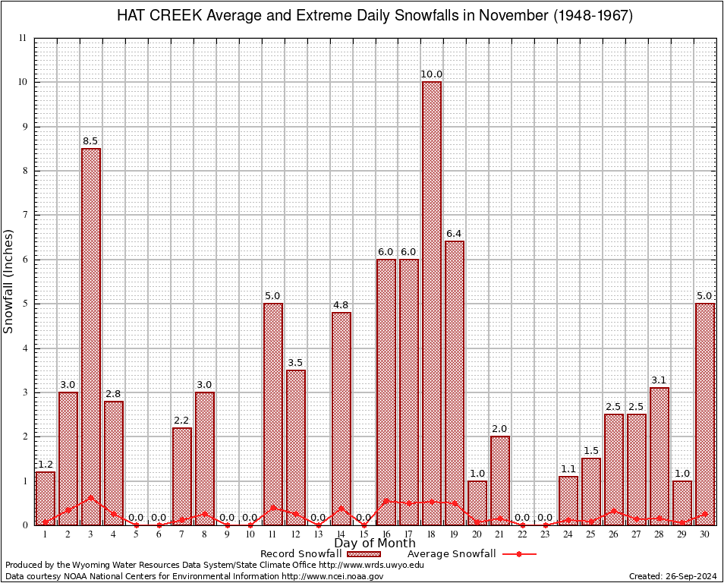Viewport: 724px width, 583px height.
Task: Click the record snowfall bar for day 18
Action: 432,304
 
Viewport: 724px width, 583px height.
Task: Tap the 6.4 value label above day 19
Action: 455,233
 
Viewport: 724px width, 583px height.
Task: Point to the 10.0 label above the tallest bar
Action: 432,74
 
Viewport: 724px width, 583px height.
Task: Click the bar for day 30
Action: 705,414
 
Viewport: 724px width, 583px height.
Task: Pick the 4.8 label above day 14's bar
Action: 341,304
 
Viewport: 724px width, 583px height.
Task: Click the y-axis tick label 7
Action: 24,215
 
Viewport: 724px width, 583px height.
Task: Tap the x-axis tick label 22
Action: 523,534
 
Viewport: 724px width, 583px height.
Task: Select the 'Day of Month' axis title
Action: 374,543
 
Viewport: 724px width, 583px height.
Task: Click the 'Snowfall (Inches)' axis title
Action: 9,281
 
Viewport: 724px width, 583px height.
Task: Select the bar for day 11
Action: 273,414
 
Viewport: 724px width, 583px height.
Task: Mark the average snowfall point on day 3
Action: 91,498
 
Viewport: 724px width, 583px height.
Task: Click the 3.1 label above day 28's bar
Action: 659,380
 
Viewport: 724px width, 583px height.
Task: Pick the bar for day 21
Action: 500,481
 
